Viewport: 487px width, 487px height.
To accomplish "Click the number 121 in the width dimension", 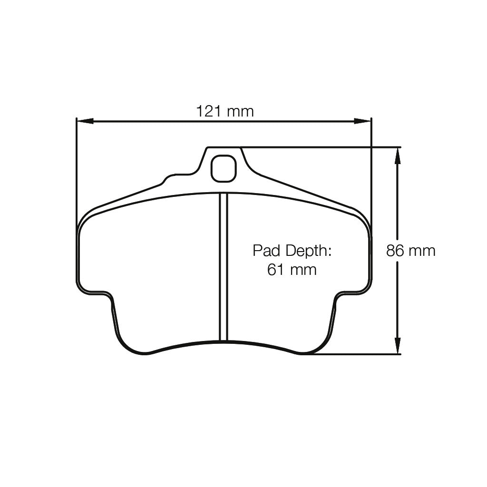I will pyautogui.click(x=209, y=111).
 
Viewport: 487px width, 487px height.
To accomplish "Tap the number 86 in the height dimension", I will pyautogui.click(x=395, y=251).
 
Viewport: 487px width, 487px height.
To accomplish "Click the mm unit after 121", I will pyautogui.click(x=240, y=112).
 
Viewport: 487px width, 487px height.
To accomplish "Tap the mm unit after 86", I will pyautogui.click(x=421, y=251).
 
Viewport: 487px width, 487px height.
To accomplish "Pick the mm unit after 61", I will pyautogui.click(x=302, y=270).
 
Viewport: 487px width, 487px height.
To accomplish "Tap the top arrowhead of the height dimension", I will pyautogui.click(x=398, y=155).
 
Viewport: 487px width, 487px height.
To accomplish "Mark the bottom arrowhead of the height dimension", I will pyautogui.click(x=398, y=346).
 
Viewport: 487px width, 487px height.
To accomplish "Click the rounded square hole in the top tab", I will pyautogui.click(x=224, y=168).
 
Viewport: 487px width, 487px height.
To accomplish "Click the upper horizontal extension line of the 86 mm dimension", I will pyautogui.click(x=323, y=147).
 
